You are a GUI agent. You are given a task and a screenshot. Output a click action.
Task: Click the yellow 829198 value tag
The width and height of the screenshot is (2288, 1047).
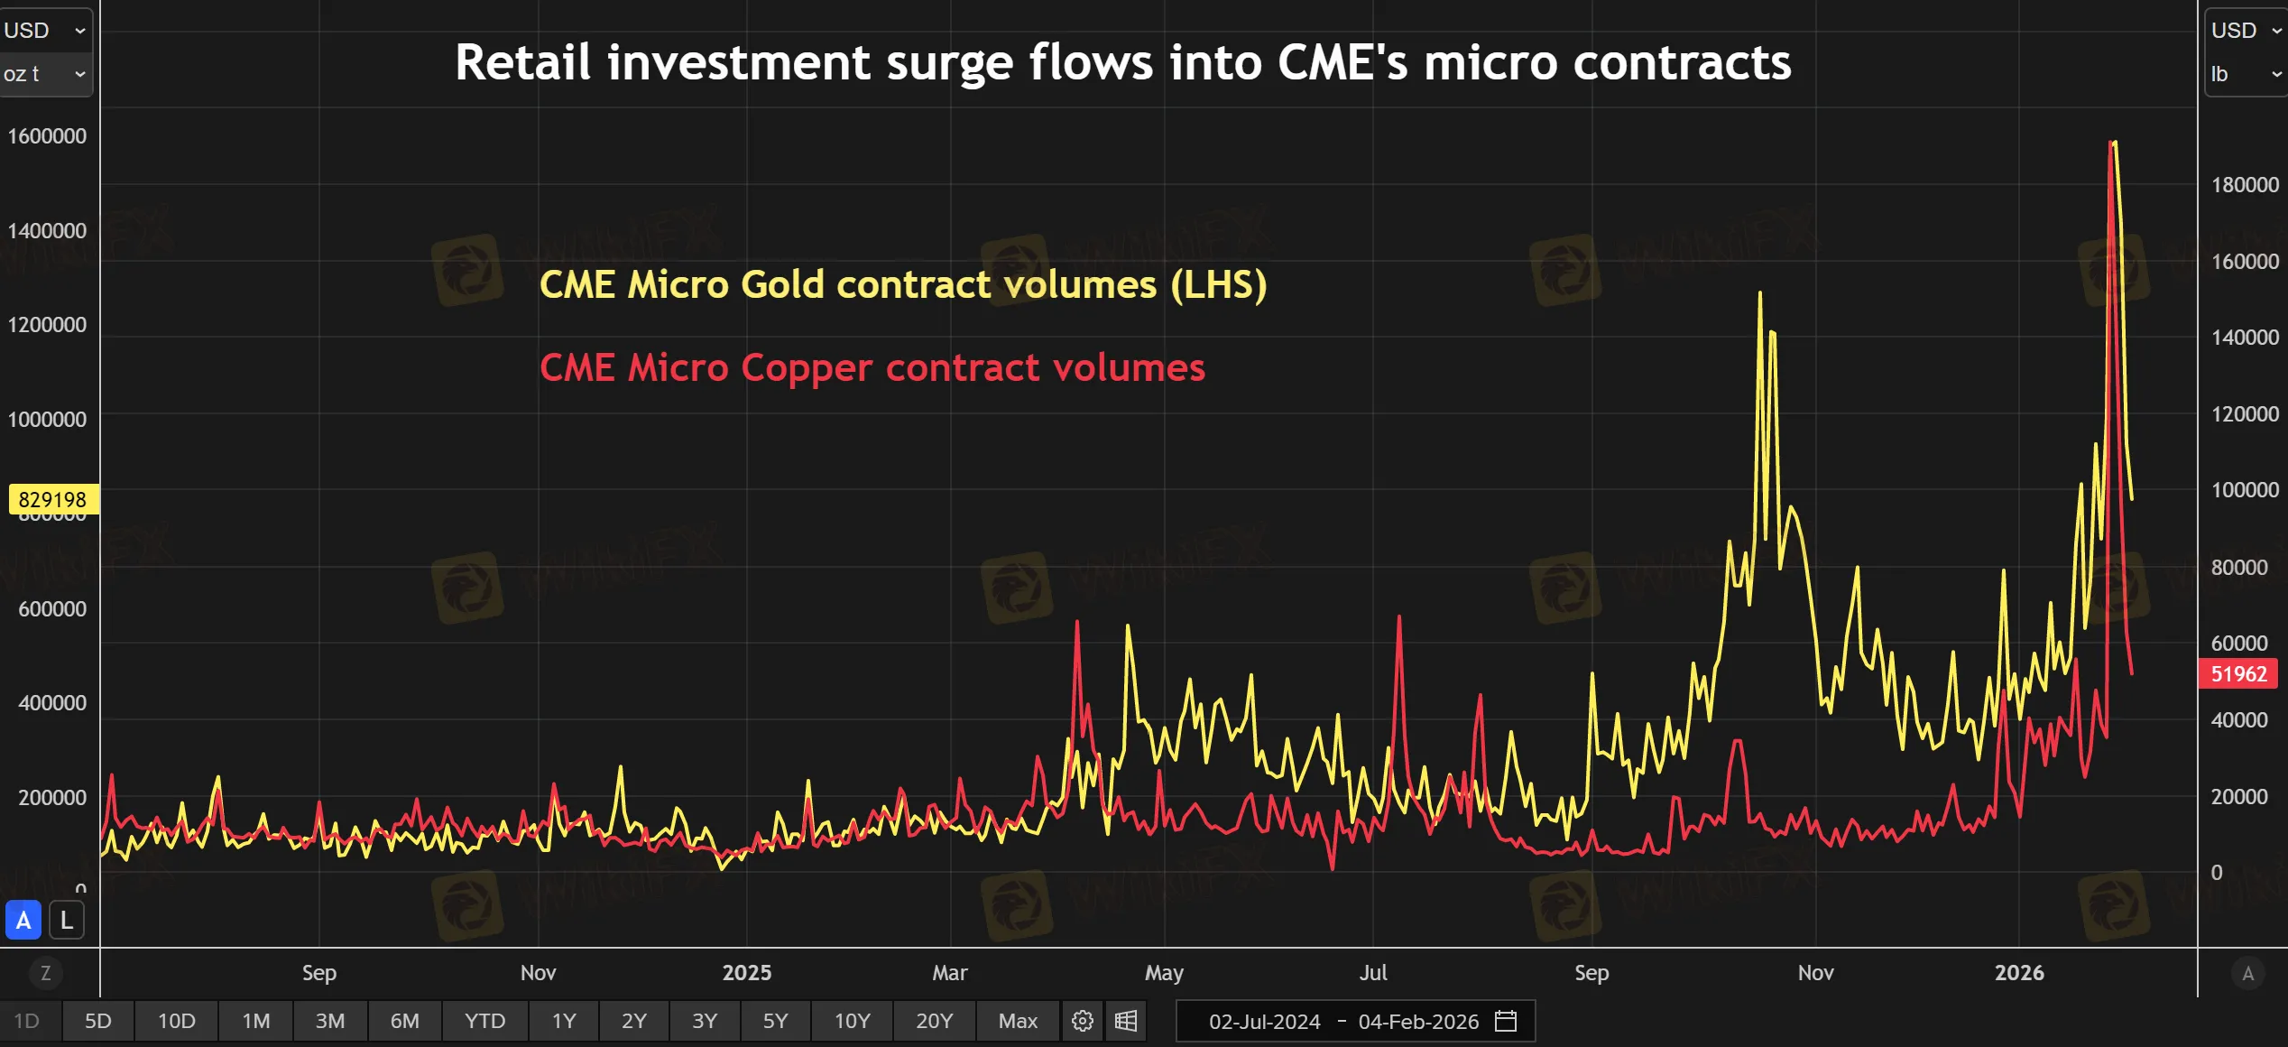tap(52, 499)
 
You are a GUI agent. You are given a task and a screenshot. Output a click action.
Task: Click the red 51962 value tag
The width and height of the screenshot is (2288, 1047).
tap(2238, 674)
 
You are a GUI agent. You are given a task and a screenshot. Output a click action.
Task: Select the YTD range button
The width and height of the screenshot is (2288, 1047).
tap(484, 1021)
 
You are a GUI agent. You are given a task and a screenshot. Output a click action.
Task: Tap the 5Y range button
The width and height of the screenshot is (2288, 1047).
tap(775, 1021)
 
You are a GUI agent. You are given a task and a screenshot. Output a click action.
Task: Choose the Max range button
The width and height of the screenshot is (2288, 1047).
tap(1018, 1021)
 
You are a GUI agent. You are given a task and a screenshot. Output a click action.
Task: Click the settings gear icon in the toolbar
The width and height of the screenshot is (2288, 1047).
tap(1083, 1021)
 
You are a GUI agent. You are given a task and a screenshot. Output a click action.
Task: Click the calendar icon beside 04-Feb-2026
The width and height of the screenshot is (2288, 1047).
tap(1506, 1021)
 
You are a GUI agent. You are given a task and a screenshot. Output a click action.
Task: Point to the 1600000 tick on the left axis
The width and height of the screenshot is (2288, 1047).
tap(47, 136)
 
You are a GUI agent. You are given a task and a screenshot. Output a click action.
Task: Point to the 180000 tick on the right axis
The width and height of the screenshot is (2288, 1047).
tap(2245, 185)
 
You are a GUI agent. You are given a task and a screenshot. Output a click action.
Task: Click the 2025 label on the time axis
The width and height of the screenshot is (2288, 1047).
tap(747, 973)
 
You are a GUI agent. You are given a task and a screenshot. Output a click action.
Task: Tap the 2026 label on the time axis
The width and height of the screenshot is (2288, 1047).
tap(2019, 973)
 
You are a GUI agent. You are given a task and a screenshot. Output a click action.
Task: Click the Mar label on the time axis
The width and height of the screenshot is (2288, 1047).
tap(950, 973)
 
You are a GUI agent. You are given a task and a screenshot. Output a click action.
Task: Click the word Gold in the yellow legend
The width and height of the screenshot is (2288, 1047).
tap(782, 285)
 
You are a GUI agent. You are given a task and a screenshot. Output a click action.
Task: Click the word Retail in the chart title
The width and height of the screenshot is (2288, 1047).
tap(523, 63)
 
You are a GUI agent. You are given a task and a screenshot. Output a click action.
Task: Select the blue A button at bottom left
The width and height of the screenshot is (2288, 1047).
tap(23, 921)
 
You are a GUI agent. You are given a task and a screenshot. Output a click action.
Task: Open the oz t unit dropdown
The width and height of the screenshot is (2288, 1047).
tap(45, 74)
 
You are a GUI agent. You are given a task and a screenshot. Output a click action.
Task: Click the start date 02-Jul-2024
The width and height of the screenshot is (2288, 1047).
tap(1264, 1022)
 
